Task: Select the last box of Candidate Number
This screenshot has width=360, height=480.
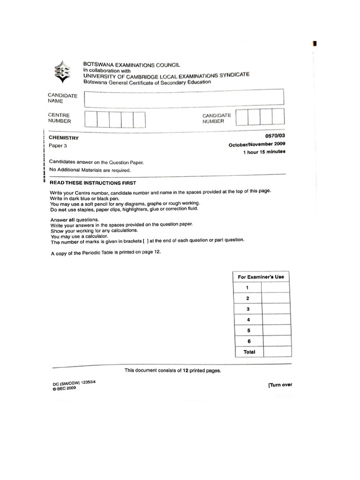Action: [278, 117]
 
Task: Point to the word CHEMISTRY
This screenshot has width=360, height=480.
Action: [64, 138]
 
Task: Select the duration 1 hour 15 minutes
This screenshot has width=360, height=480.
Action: [264, 152]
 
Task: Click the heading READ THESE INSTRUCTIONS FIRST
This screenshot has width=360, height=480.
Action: [93, 183]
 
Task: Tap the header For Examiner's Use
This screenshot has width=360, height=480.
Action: [262, 277]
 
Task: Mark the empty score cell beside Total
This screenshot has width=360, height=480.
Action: [277, 352]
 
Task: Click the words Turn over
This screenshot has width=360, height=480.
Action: [280, 385]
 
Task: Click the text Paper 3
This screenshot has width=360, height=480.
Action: [59, 146]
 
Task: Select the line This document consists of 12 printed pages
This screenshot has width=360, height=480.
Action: [172, 370]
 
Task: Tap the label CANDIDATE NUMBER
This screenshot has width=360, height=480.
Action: [217, 118]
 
